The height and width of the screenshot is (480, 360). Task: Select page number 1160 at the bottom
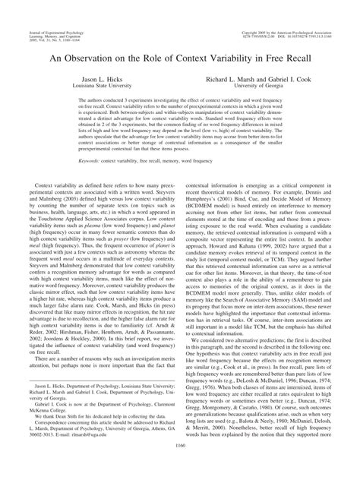[180, 466]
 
